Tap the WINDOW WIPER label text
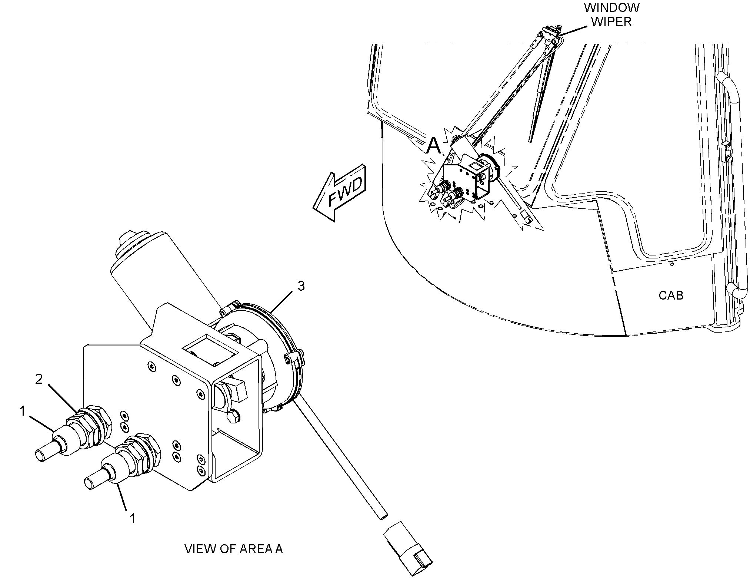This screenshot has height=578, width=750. (x=611, y=14)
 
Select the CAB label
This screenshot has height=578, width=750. (x=671, y=295)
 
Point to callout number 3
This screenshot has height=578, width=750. (x=301, y=286)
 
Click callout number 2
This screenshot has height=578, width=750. (x=39, y=379)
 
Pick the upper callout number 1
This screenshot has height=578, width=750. (x=23, y=411)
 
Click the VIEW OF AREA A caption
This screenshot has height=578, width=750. (x=233, y=549)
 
